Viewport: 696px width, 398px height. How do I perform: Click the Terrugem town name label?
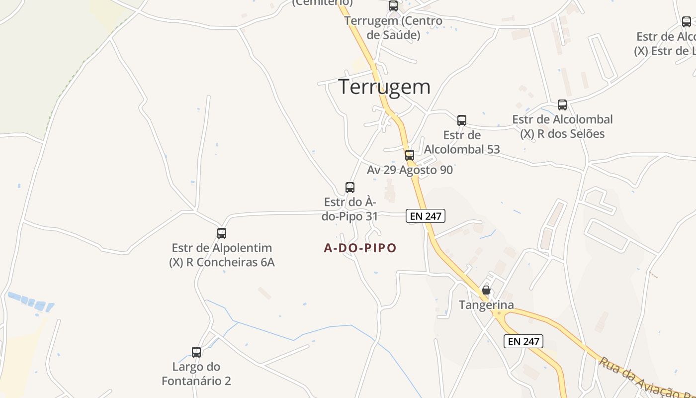(384, 87)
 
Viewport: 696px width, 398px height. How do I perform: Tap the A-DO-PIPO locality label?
(360, 248)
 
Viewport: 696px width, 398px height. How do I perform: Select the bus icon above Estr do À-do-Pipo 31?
(350, 188)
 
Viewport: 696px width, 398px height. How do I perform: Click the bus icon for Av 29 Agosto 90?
(410, 155)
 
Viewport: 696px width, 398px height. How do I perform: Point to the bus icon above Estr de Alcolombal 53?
(462, 120)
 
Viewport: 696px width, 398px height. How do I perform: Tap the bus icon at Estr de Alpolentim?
(222, 233)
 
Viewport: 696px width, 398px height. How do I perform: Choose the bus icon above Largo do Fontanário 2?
(196, 352)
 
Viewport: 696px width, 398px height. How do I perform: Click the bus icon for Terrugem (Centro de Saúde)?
(393, 6)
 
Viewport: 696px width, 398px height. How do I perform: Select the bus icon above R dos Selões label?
(562, 105)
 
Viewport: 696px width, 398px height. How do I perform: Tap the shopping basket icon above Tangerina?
(486, 290)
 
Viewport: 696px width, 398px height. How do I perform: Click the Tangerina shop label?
(486, 305)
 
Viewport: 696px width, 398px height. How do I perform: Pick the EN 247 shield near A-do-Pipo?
(426, 216)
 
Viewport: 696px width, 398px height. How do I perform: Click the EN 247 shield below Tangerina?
(523, 341)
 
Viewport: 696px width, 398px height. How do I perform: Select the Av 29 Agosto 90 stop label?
(410, 170)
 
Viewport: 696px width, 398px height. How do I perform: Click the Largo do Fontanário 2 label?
(196, 374)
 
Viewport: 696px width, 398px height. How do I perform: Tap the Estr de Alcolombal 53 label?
(462, 142)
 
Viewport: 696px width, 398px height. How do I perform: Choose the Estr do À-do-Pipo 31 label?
(350, 209)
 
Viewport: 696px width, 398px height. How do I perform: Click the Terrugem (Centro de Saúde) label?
(393, 28)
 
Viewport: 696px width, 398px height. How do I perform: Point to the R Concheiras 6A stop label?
(222, 262)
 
